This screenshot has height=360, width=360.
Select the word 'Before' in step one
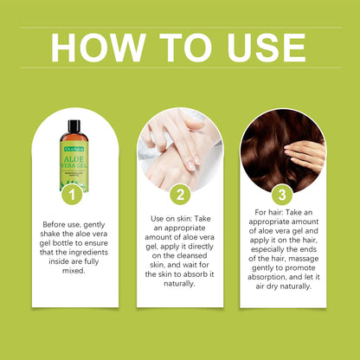[58, 224]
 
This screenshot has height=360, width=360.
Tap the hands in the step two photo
[177, 147]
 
